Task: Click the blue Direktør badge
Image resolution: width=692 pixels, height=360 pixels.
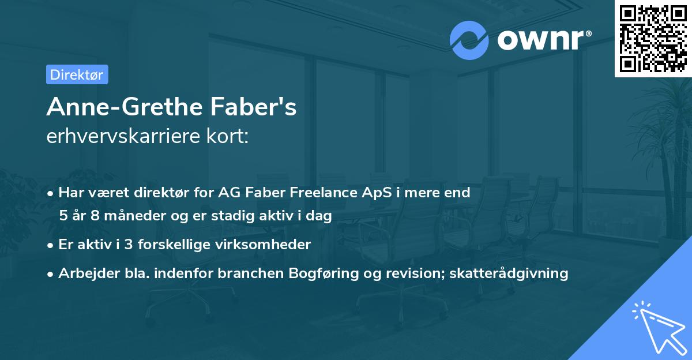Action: tap(77, 74)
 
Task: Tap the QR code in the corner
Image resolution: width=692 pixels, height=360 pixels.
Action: tap(653, 38)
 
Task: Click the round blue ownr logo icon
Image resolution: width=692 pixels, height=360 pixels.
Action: tap(469, 40)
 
